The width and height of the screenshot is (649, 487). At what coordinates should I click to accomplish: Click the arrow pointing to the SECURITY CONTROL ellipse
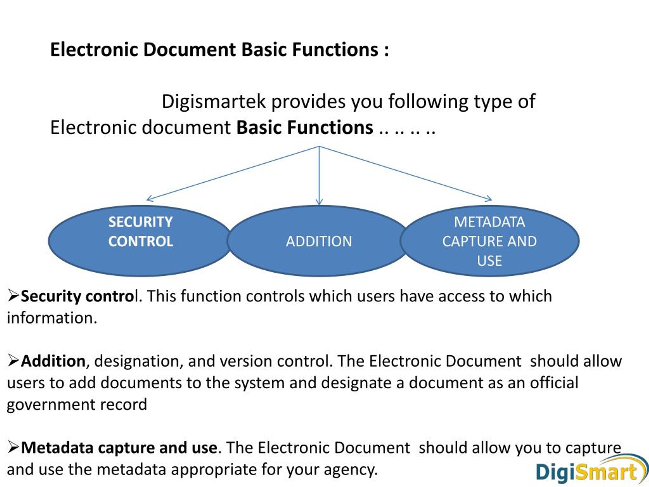click(x=232, y=173)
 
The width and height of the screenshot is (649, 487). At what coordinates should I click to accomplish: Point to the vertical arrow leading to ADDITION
click(x=319, y=176)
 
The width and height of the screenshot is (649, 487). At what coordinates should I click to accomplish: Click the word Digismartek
click(x=214, y=101)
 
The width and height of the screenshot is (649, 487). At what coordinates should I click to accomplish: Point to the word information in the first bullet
click(x=52, y=318)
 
